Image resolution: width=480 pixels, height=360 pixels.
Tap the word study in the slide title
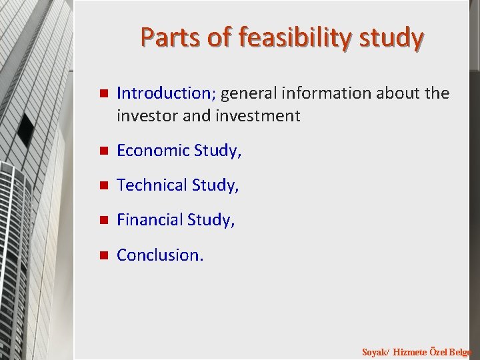390,38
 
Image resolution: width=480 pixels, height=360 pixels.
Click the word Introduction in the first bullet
163,93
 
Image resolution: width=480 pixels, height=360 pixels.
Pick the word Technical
151,185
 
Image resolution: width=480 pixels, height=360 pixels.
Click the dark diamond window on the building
26,130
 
